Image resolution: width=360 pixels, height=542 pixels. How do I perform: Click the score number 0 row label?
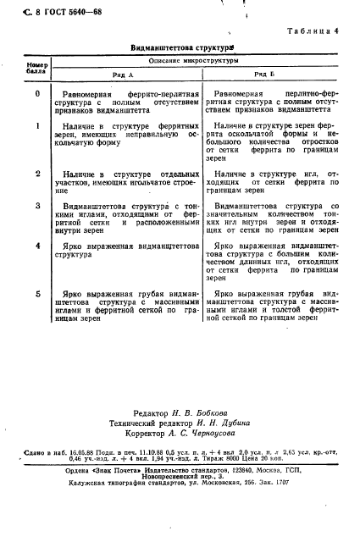tap(37, 93)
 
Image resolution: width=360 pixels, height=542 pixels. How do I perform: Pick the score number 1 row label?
tap(37, 125)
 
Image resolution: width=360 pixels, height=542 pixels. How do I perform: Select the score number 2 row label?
tap(37, 173)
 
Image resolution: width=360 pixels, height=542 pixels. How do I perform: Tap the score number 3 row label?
tap(37, 206)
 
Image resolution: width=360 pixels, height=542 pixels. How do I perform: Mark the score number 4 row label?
tap(37, 246)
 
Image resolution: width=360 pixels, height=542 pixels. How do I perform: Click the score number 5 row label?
tap(37, 293)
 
